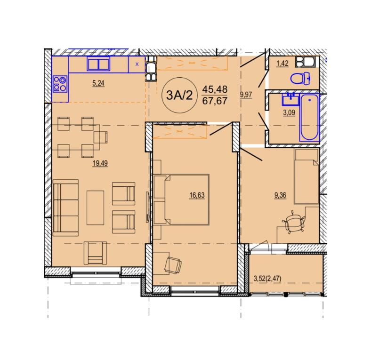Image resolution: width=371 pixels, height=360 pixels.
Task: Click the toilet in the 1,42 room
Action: click(x=300, y=78)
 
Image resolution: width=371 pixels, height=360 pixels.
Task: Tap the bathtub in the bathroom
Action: click(x=310, y=117)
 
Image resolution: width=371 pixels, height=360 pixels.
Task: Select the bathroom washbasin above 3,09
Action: click(x=290, y=99)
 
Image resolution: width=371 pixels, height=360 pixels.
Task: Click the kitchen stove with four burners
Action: click(x=60, y=84)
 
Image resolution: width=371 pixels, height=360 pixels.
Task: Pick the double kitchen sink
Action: click(x=98, y=64)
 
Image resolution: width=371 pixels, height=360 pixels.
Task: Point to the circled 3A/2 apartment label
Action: click(x=179, y=95)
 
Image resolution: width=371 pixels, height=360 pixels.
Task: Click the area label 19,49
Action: click(x=100, y=163)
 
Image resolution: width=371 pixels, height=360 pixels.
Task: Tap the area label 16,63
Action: click(x=197, y=195)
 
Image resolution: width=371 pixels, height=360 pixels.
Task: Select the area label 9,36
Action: click(x=280, y=195)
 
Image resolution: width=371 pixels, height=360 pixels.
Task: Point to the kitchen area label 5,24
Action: click(x=98, y=83)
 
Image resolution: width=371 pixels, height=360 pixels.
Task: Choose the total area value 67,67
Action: click(x=215, y=101)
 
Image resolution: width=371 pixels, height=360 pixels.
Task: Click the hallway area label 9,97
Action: click(x=246, y=95)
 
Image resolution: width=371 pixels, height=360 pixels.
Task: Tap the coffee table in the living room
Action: click(x=95, y=208)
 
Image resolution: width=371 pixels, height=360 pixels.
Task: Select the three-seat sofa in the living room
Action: click(x=65, y=208)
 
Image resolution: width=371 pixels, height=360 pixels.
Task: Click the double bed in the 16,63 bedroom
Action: click(x=181, y=200)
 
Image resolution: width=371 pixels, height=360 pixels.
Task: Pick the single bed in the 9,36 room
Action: click(x=306, y=176)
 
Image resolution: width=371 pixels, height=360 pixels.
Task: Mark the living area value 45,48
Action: click(x=215, y=89)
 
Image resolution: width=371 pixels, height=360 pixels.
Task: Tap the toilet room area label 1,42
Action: click(x=282, y=64)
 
